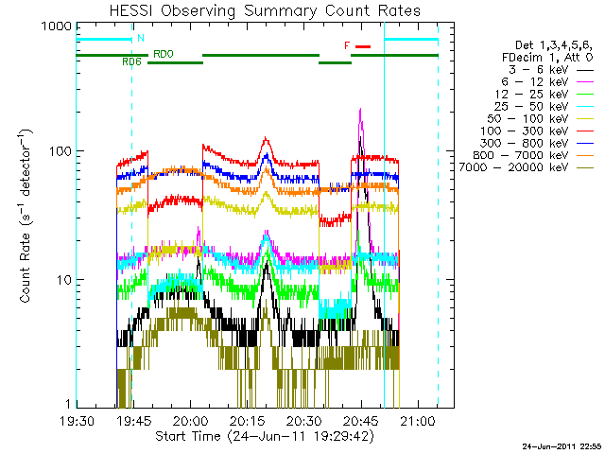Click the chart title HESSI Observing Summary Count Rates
click(x=252, y=10)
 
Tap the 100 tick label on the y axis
click(x=60, y=151)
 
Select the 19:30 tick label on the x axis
click(x=77, y=421)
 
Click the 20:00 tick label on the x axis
click(x=190, y=421)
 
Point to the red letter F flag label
click(x=347, y=45)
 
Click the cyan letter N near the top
click(x=141, y=39)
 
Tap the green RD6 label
click(x=131, y=62)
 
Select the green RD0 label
click(x=163, y=54)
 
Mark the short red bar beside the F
click(x=364, y=45)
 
